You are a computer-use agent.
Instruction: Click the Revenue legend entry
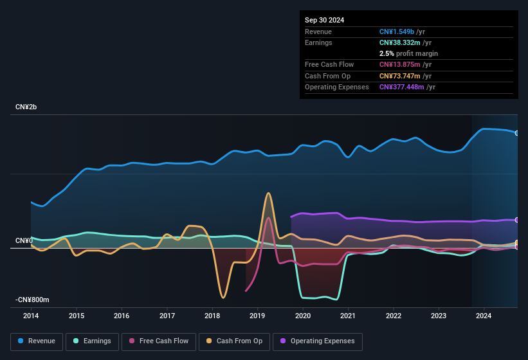pyautogui.click(x=37, y=341)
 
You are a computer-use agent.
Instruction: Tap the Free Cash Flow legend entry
pyautogui.click(x=159, y=341)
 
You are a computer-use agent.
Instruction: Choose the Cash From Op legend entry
pyautogui.click(x=234, y=341)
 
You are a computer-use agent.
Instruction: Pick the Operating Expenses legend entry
pyautogui.click(x=318, y=341)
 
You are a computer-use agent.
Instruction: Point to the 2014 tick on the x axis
pyautogui.click(x=31, y=316)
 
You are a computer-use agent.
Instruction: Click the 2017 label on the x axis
pyautogui.click(x=167, y=316)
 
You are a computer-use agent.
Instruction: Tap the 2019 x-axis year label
pyautogui.click(x=257, y=316)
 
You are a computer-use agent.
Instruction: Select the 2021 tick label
pyautogui.click(x=348, y=316)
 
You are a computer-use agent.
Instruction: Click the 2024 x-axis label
pyautogui.click(x=484, y=316)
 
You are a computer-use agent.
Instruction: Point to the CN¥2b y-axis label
pyautogui.click(x=26, y=107)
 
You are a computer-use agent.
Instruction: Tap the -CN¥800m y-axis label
pyautogui.click(x=32, y=300)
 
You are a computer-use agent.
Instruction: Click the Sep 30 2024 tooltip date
pyautogui.click(x=325, y=20)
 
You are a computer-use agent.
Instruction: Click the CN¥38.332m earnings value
pyautogui.click(x=399, y=42)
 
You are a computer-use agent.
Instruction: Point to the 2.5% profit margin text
pyautogui.click(x=408, y=53)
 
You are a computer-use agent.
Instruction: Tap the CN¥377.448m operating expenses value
pyautogui.click(x=401, y=87)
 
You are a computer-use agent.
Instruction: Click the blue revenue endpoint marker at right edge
pyautogui.click(x=516, y=133)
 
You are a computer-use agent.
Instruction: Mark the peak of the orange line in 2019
pyautogui.click(x=268, y=193)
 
